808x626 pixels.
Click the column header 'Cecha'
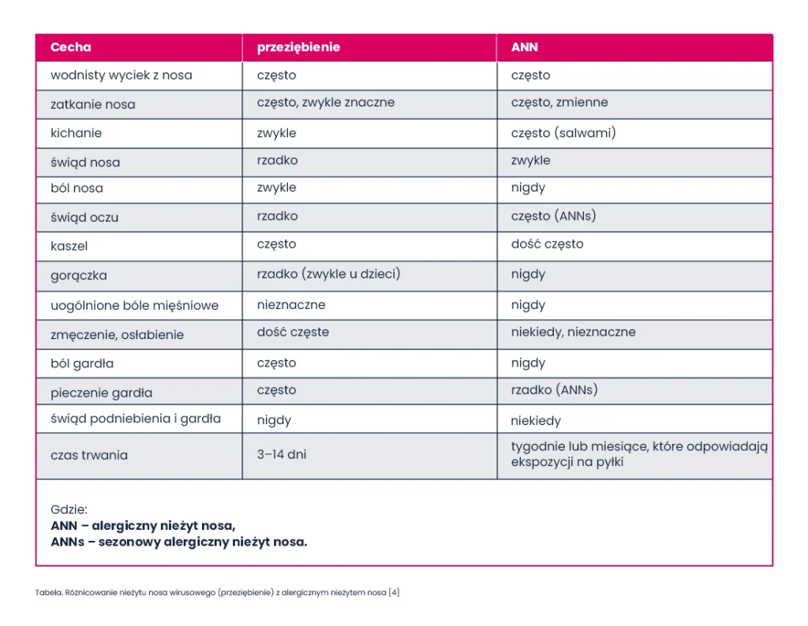point(70,47)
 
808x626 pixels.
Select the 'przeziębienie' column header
point(298,47)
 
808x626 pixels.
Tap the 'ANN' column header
point(525,47)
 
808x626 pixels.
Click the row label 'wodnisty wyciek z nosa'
point(121,75)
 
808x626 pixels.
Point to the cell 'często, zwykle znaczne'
point(326,102)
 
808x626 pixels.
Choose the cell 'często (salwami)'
point(563,132)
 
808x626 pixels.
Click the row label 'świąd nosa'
point(85,162)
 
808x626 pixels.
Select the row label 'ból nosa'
point(77,188)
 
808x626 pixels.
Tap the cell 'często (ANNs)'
point(553,216)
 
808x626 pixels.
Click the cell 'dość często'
point(548,244)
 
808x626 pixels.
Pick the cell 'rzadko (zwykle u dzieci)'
point(329,274)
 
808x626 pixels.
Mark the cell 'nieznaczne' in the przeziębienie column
point(291,305)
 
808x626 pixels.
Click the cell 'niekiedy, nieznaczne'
point(573,332)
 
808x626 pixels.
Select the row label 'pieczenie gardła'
point(102,393)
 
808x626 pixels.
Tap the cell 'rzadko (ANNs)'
point(555,389)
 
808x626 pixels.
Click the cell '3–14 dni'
point(282,455)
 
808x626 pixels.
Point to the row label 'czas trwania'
point(89,455)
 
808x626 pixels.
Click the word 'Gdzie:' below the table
point(69,509)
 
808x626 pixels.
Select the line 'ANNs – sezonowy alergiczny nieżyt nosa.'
point(179,542)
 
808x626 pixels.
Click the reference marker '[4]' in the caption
point(395,593)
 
